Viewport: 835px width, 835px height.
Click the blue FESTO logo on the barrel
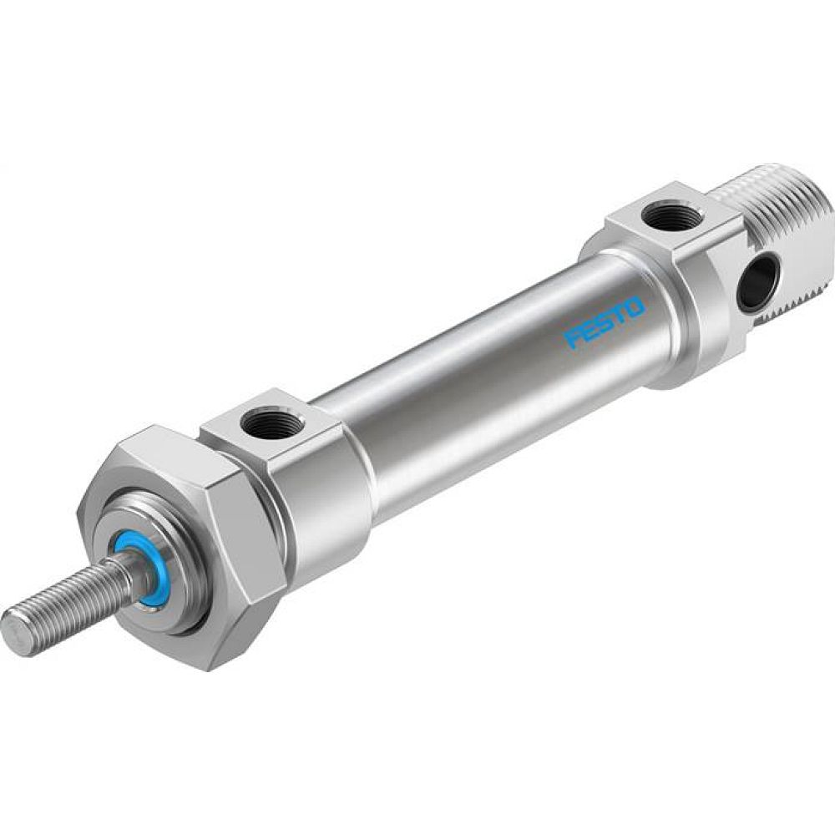[605, 321]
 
